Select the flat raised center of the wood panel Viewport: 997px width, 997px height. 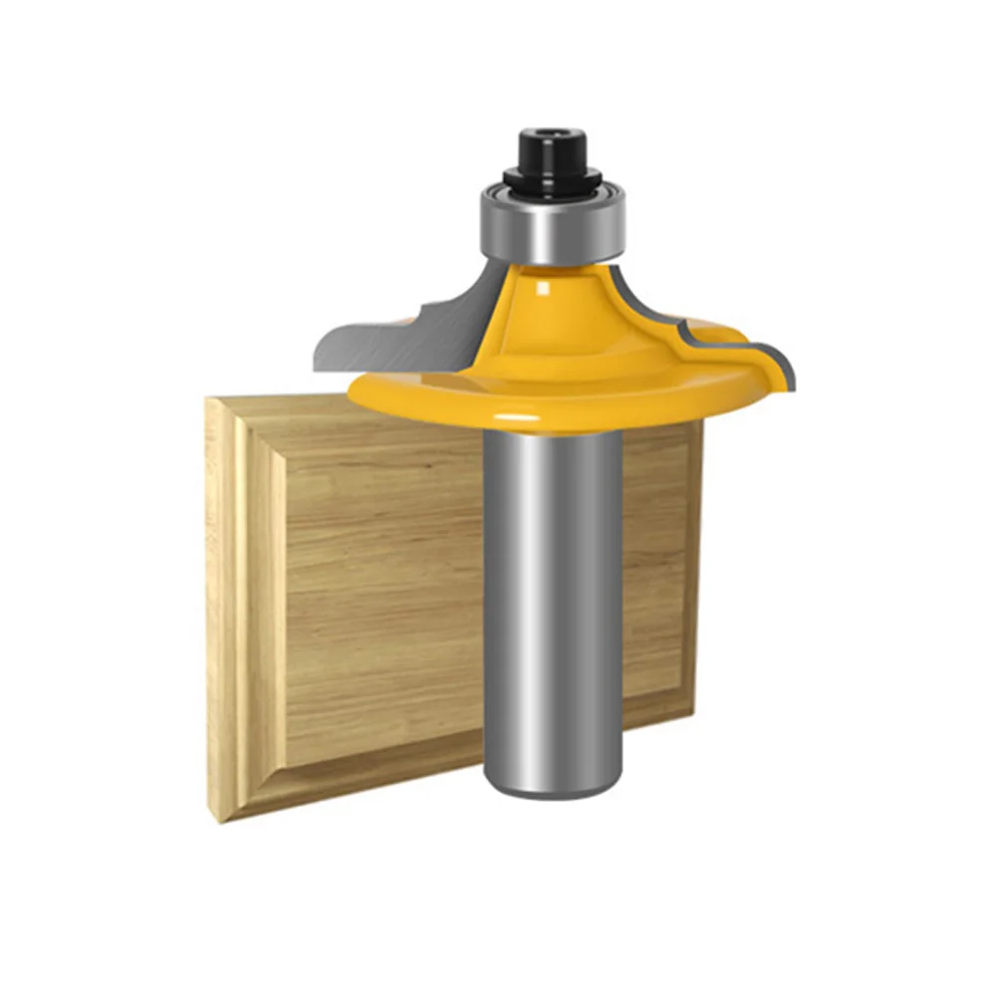pos(388,598)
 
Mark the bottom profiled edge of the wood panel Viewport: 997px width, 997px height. pos(378,778)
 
